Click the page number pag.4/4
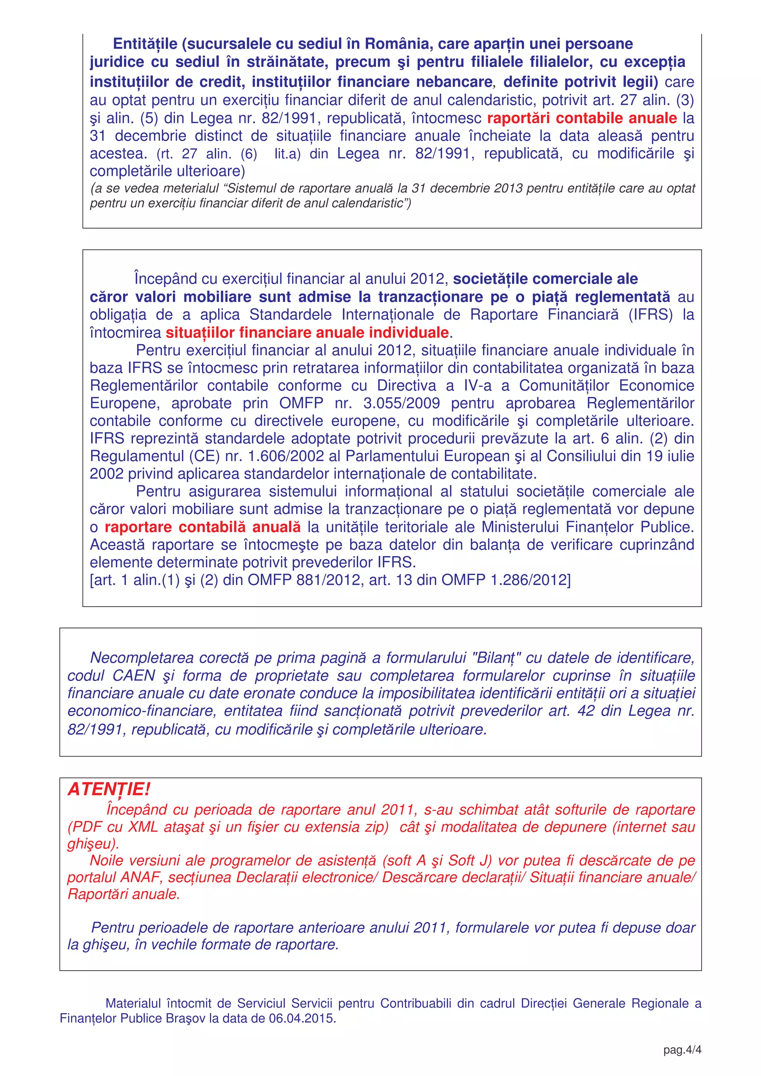click(682, 1050)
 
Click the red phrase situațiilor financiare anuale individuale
click(307, 332)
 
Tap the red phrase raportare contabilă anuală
click(203, 527)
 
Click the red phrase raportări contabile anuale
click(582, 118)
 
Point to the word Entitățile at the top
click(145, 43)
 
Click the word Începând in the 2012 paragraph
click(165, 279)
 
